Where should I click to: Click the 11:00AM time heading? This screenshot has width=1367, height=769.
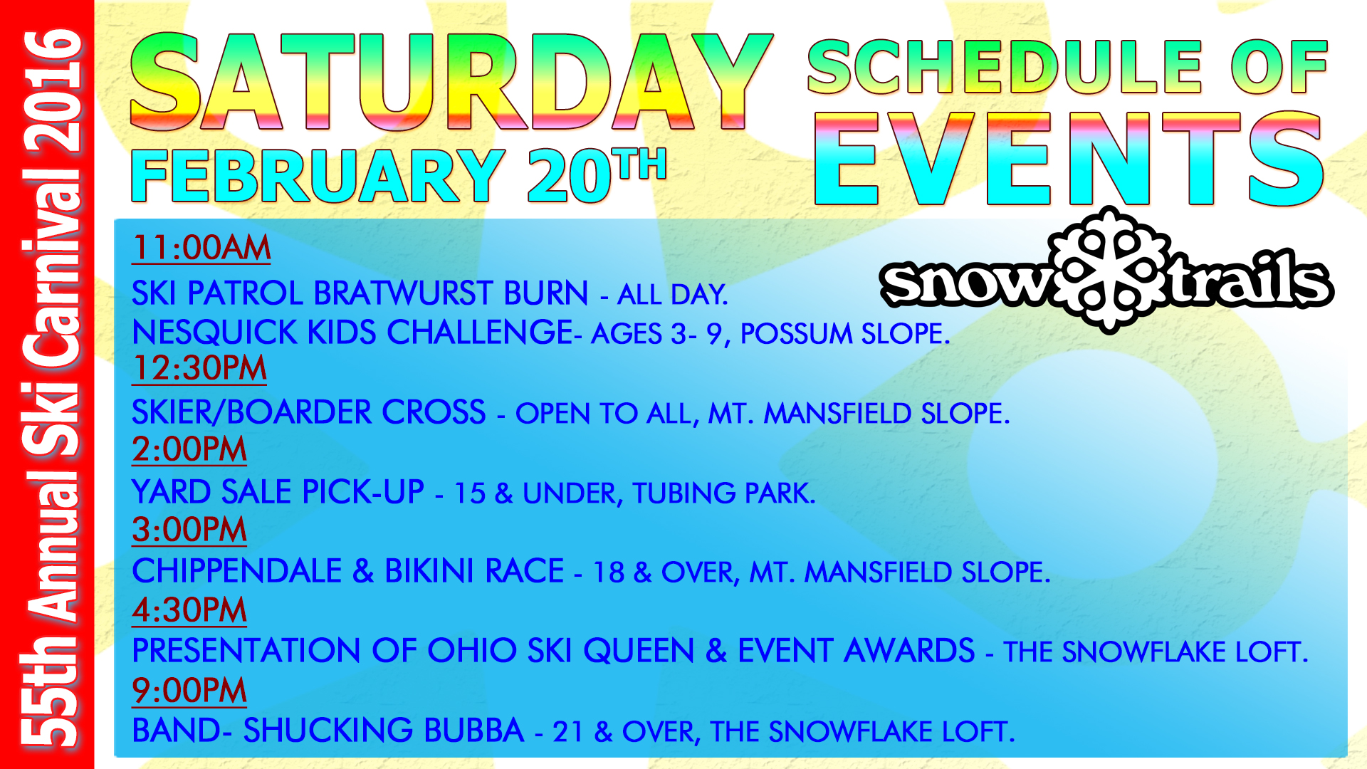pos(201,248)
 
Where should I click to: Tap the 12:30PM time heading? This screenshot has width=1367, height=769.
pos(199,368)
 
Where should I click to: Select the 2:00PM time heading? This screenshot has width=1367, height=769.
pos(189,449)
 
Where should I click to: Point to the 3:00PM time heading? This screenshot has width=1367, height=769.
pos(189,530)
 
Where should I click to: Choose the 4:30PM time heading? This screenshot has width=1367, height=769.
pos(189,610)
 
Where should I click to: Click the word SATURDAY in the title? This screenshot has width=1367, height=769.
pos(451,82)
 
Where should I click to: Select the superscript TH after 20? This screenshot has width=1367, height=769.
pos(642,164)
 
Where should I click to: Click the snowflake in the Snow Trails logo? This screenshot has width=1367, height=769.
pos(1108,271)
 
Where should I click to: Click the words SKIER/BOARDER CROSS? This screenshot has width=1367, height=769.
pos(309,413)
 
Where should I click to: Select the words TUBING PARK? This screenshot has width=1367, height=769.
pos(723,493)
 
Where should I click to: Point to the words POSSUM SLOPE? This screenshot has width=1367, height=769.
pos(845,334)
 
